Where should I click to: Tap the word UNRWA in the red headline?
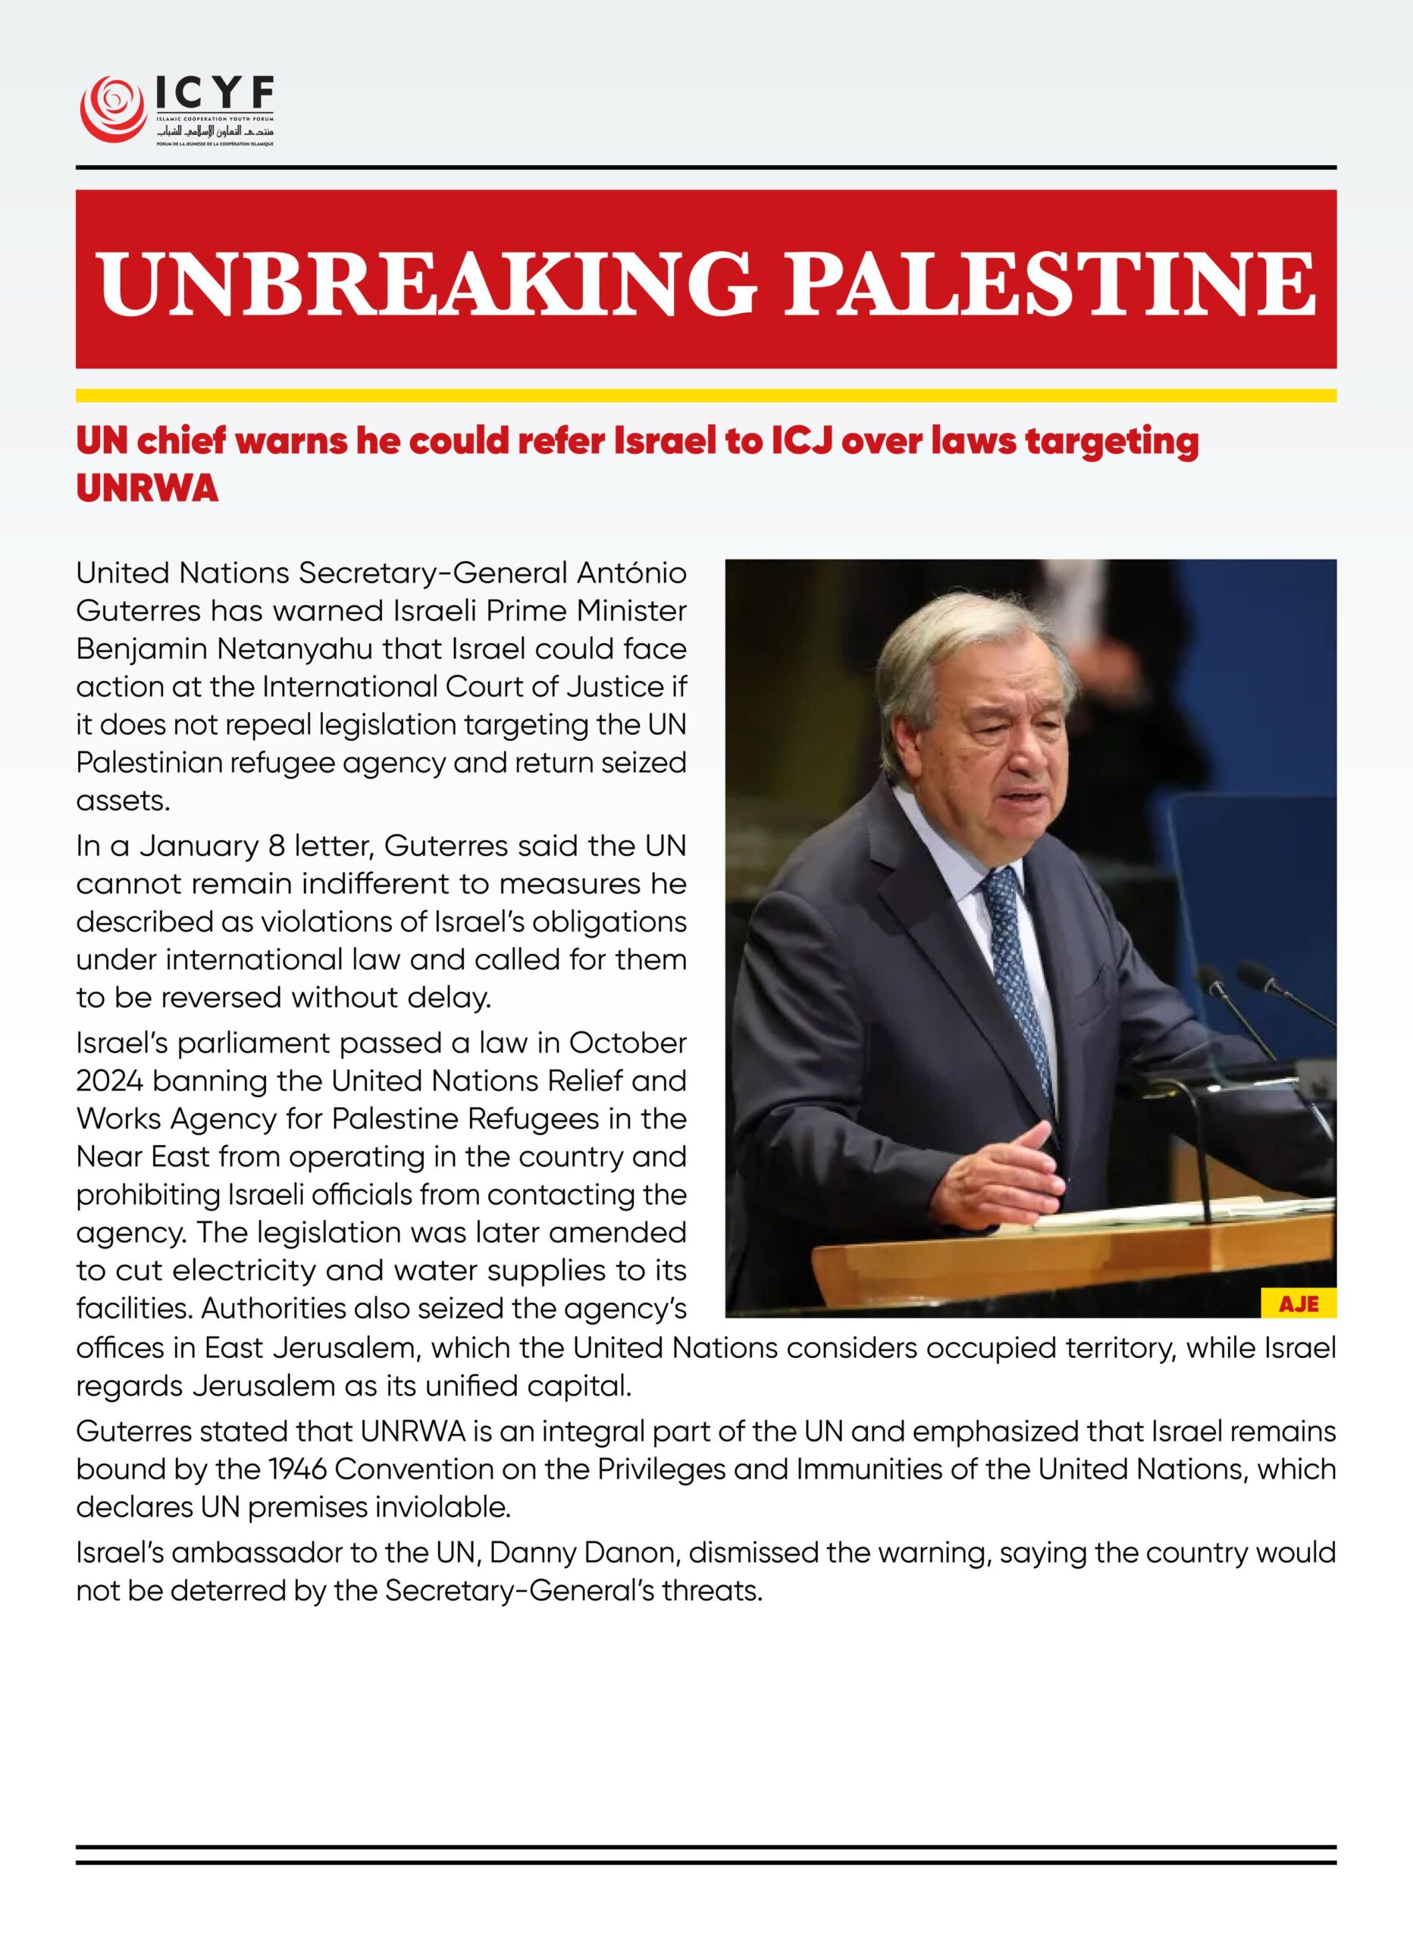point(147,490)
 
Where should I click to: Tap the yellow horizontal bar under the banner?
point(706,395)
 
